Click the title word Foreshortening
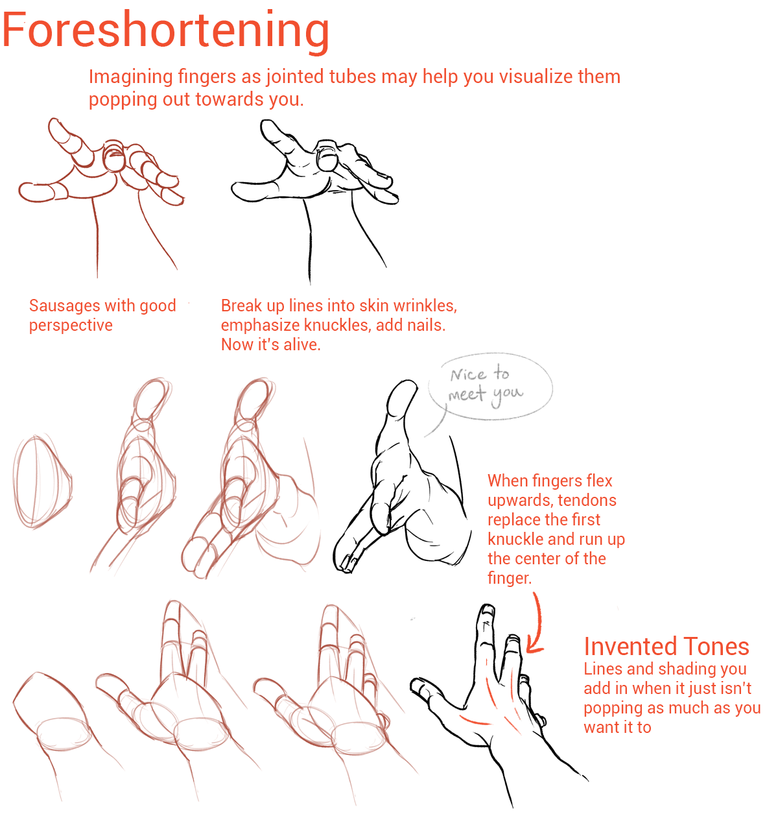pyautogui.click(x=165, y=32)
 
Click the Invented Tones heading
pyautogui.click(x=666, y=646)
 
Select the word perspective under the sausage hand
pyautogui.click(x=71, y=326)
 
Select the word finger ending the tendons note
pyautogui.click(x=510, y=579)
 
